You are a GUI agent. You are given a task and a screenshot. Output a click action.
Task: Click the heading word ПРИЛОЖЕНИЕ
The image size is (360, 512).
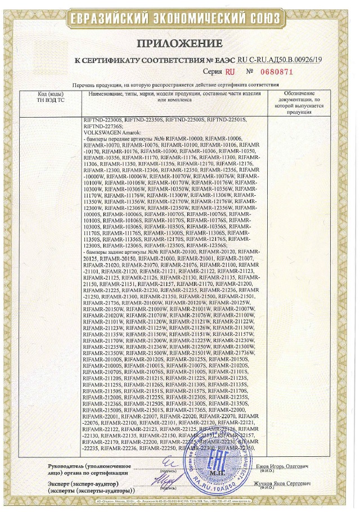(181, 44)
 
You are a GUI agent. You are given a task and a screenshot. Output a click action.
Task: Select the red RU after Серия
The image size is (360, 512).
(229, 72)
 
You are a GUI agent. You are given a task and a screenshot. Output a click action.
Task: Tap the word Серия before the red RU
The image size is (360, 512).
(213, 72)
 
